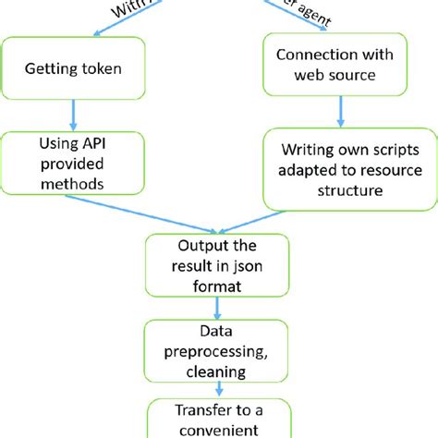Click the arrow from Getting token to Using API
click(74, 116)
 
